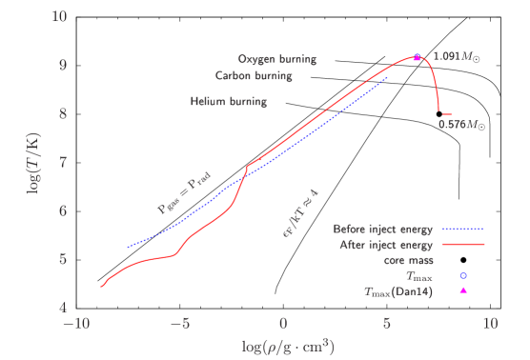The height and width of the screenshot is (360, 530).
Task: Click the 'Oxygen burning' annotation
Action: click(276, 59)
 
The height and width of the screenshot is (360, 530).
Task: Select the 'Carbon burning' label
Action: click(253, 76)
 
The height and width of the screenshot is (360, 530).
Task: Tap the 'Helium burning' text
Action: click(228, 101)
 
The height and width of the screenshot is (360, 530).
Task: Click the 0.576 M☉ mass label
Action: click(461, 124)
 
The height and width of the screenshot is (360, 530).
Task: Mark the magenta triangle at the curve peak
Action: click(417, 58)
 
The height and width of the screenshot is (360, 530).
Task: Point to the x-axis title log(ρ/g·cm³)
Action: click(283, 344)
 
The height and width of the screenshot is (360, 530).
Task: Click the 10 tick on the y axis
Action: click(59, 17)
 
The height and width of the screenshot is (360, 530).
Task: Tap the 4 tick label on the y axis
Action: click(62, 307)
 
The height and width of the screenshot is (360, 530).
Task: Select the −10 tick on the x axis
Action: click(75, 324)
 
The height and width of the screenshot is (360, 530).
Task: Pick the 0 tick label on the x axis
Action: click(283, 324)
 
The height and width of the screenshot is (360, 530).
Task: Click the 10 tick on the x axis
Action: click(490, 324)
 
